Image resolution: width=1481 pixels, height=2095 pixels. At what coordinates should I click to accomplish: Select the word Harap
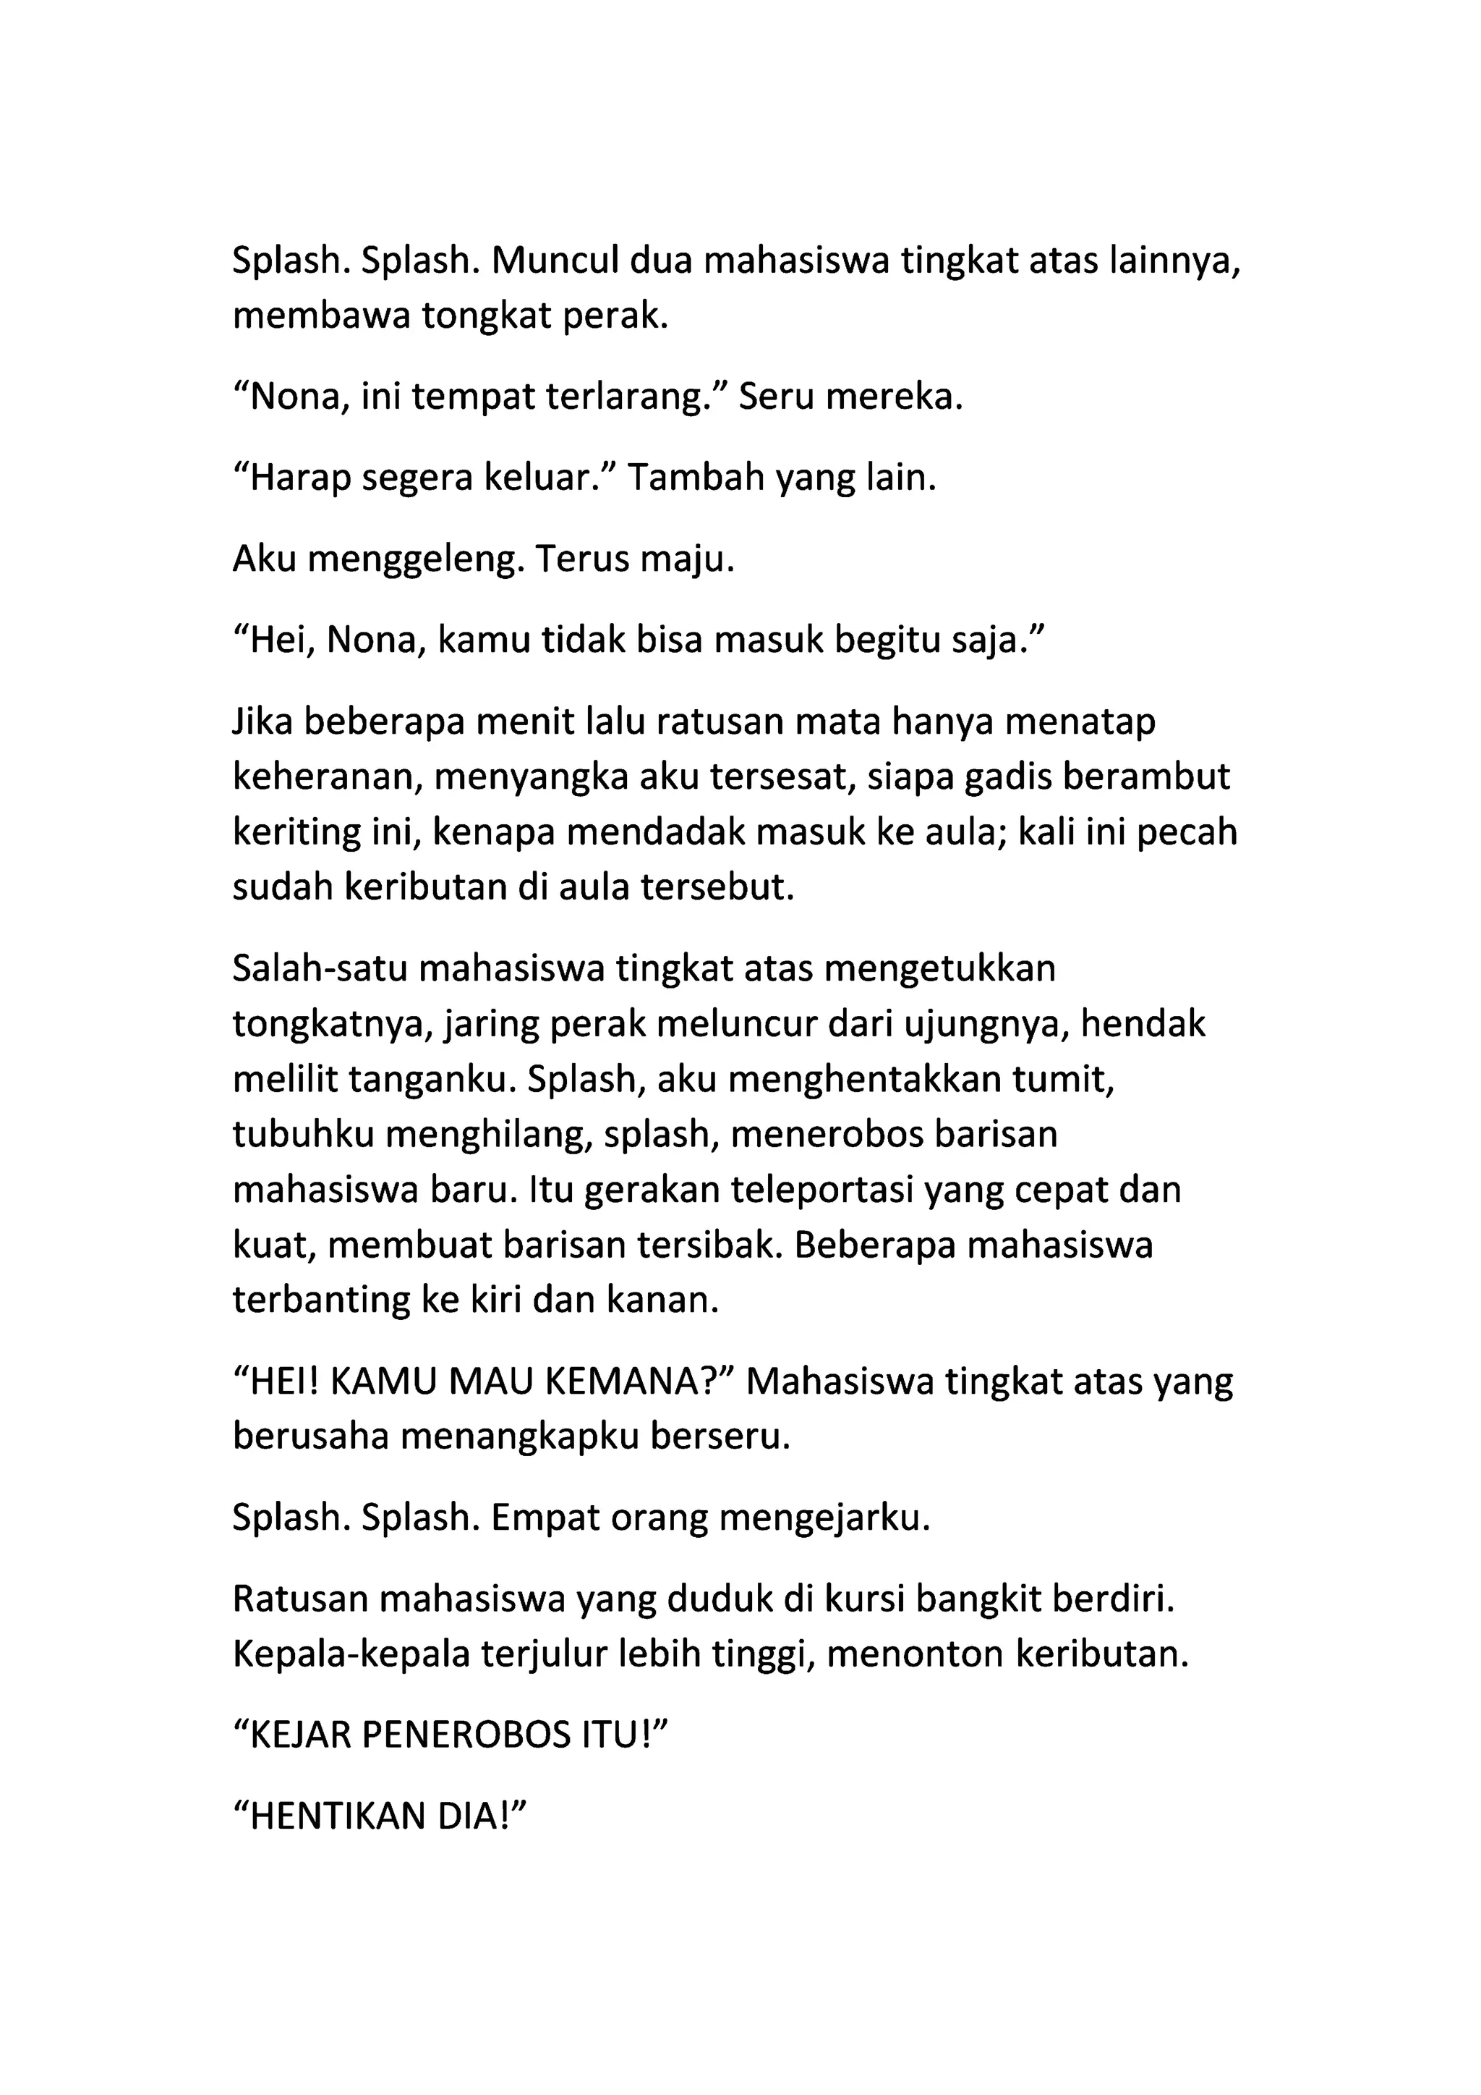pos(300,478)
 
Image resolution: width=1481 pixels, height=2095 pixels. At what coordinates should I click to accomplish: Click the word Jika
pos(263,721)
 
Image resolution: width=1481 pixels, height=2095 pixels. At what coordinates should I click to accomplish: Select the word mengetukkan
pos(939,968)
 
